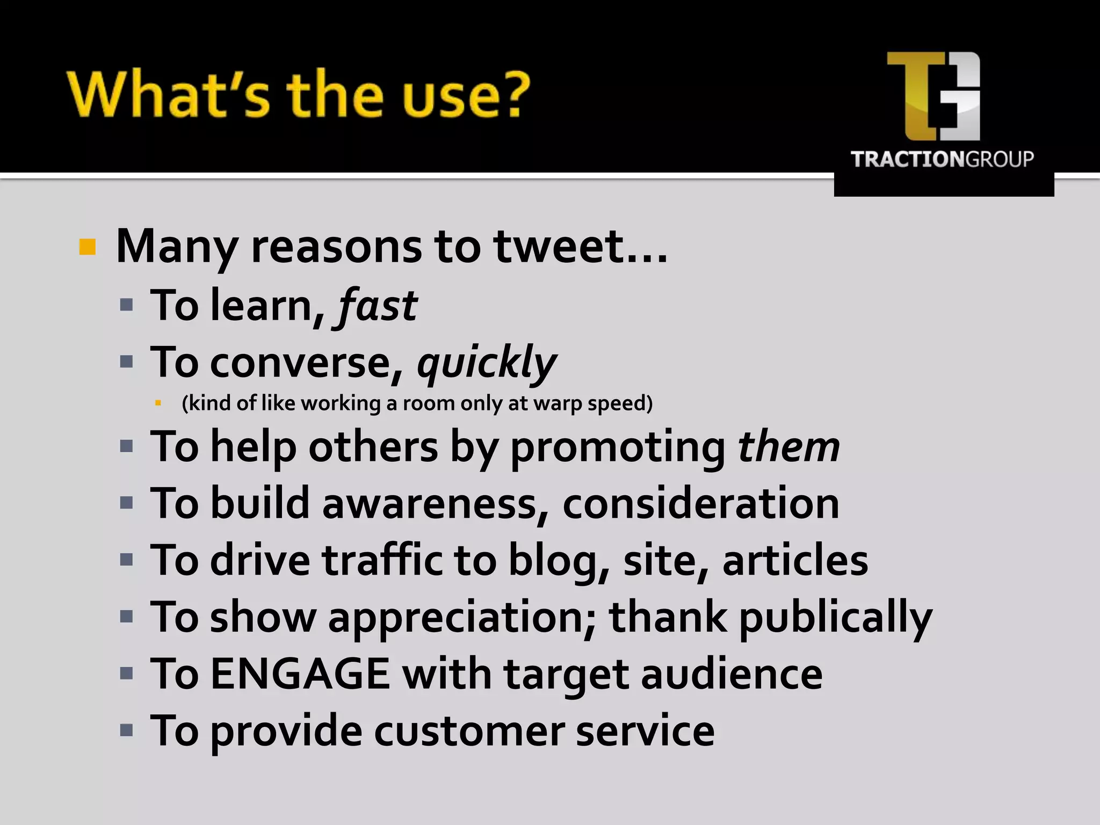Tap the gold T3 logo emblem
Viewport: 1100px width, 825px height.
(933, 96)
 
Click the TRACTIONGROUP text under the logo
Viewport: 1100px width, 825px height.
(942, 160)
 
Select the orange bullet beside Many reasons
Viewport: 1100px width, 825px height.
(88, 248)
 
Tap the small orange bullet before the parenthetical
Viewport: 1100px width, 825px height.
(158, 402)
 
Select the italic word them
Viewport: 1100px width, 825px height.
(788, 447)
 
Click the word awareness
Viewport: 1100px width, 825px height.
(435, 504)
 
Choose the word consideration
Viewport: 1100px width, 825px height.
(700, 504)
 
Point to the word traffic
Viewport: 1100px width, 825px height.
(382, 560)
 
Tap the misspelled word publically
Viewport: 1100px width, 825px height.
(835, 618)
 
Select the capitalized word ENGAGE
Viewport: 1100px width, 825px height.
(300, 674)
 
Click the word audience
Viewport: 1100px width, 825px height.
(732, 674)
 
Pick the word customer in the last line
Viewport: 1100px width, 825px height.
(469, 731)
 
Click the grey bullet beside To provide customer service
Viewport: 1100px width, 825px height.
(127, 730)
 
